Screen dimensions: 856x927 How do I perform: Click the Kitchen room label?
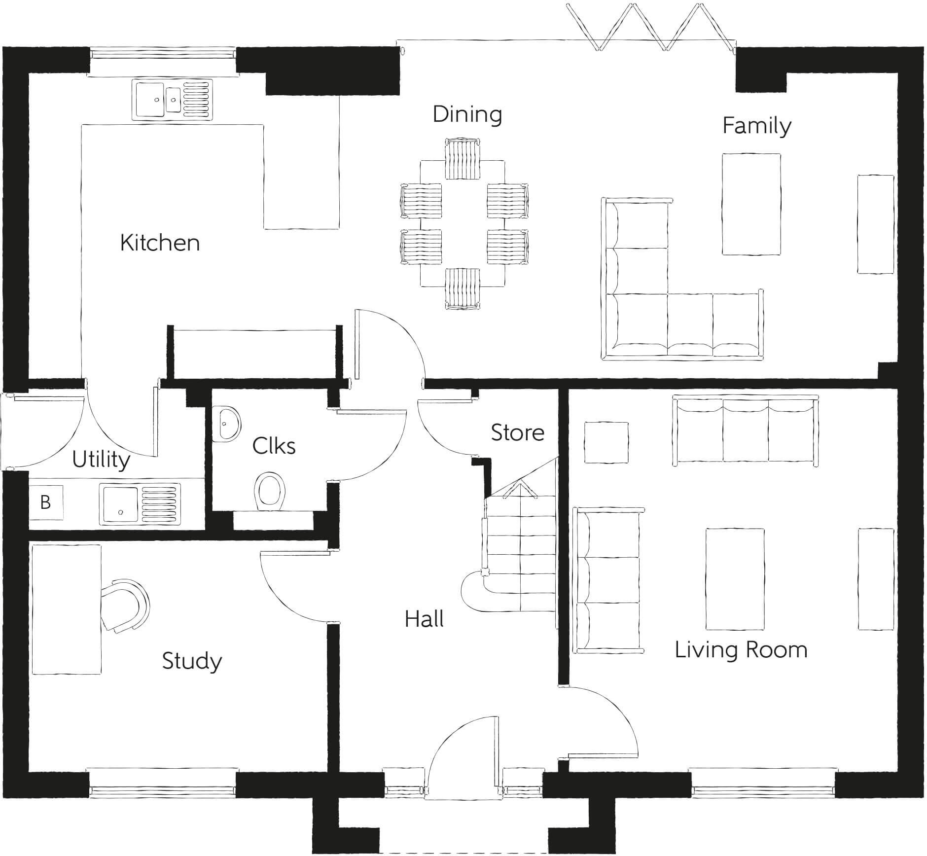pyautogui.click(x=160, y=243)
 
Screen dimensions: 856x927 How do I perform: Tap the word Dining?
pyautogui.click(x=467, y=114)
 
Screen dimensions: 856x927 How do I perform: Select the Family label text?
pyautogui.click(x=756, y=125)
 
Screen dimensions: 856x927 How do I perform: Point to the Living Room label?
pyautogui.click(x=741, y=650)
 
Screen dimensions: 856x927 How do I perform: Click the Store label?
pyautogui.click(x=517, y=432)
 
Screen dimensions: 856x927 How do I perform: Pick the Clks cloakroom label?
pyautogui.click(x=274, y=446)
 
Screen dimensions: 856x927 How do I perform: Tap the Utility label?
pyautogui.click(x=101, y=460)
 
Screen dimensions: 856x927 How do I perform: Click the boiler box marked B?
pyautogui.click(x=45, y=502)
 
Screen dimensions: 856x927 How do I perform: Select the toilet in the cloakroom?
pyautogui.click(x=270, y=491)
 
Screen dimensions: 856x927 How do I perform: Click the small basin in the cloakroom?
pyautogui.click(x=227, y=424)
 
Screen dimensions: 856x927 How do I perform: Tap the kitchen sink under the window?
pyautogui.click(x=172, y=100)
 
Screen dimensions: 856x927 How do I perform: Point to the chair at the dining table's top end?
pyautogui.click(x=462, y=159)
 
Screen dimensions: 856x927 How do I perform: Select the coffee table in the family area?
pyautogui.click(x=751, y=204)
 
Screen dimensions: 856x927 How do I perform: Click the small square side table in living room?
pyautogui.click(x=606, y=442)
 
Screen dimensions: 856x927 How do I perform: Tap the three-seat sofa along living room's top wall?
pyautogui.click(x=745, y=430)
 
